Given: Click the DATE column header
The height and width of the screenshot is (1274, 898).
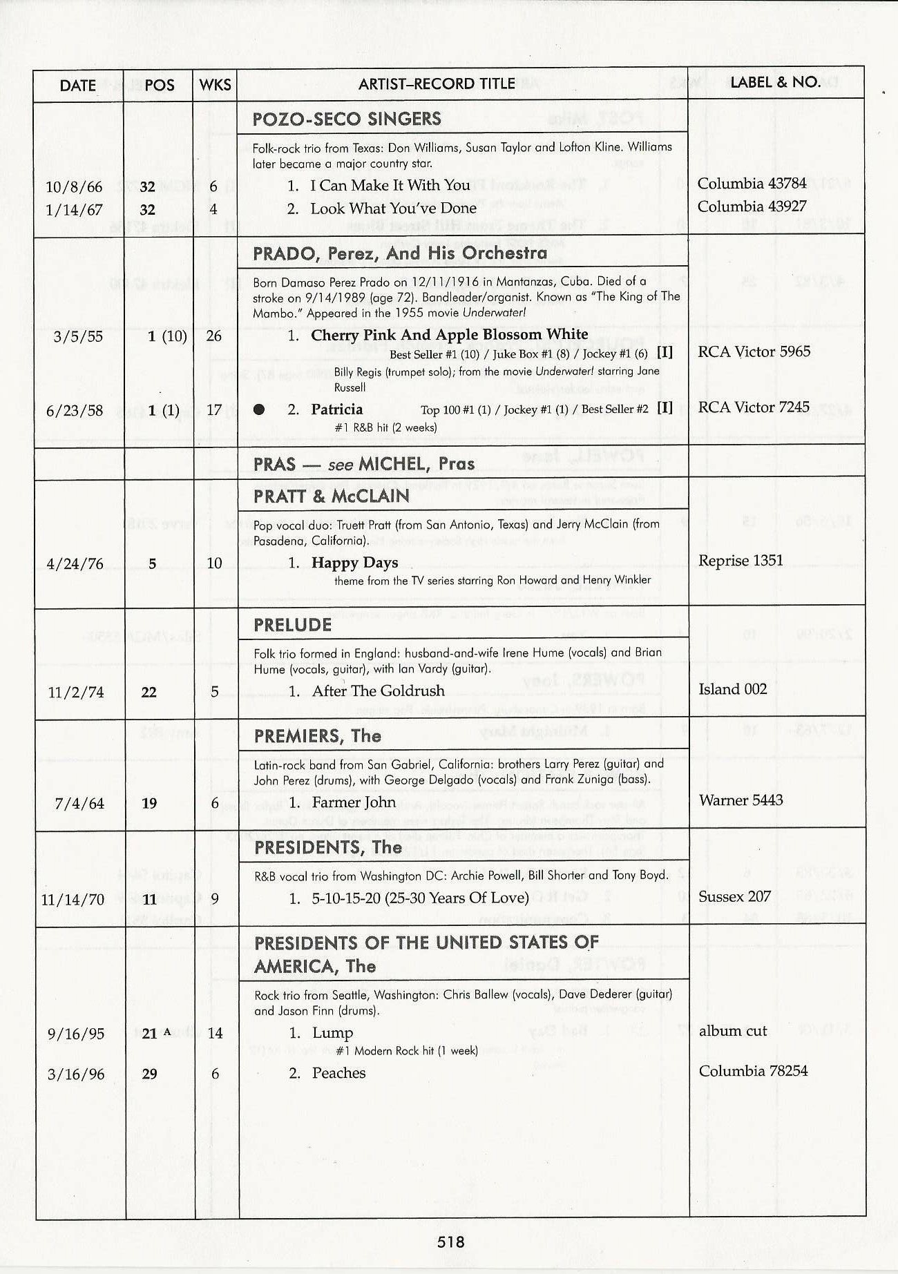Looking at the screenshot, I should pos(77,86).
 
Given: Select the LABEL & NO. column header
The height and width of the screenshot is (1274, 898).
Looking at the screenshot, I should pos(775,82).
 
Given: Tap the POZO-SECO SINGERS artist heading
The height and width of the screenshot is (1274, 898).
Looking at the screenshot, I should pos(347,119).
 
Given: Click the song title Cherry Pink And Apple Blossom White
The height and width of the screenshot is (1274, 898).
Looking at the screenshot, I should pos(449,335).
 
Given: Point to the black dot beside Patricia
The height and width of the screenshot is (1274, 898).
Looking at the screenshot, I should pos(259,409).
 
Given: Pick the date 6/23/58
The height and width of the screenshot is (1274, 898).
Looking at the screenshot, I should pos(74,410).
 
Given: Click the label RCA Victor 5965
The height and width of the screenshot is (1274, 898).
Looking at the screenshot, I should pos(754,351).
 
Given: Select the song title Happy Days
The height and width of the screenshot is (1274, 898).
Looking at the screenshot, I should pos(354,563).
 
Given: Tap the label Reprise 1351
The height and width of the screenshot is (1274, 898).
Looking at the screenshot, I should pos(741,560).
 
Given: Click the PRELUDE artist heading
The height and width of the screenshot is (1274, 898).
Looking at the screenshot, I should pos(293,625).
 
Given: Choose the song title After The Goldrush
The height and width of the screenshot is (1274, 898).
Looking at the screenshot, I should pos(378,691).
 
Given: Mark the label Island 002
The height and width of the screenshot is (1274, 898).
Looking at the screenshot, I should pos(732,689).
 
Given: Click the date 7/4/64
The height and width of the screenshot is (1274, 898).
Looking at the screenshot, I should pos(79,803).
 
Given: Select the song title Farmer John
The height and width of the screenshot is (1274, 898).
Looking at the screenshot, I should pos(354,802).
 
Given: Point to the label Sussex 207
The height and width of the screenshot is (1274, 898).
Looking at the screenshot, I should pos(734,897).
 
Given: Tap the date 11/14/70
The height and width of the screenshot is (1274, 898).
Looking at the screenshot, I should pos(73,899).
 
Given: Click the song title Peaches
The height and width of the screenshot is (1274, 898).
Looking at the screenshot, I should pos(338,1073).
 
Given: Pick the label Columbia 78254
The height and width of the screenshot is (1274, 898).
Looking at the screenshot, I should pos(753,1071).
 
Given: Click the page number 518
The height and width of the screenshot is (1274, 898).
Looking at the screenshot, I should pos(450,1242).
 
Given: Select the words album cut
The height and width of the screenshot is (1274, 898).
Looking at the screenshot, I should pos(733,1031).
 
